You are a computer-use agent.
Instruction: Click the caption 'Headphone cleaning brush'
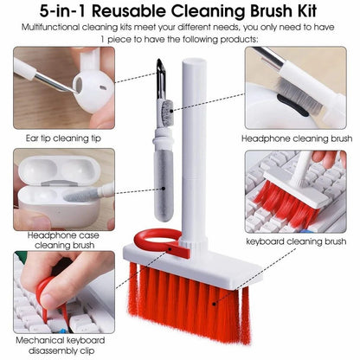point(298,138)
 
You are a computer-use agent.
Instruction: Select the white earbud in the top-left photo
point(88,87)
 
